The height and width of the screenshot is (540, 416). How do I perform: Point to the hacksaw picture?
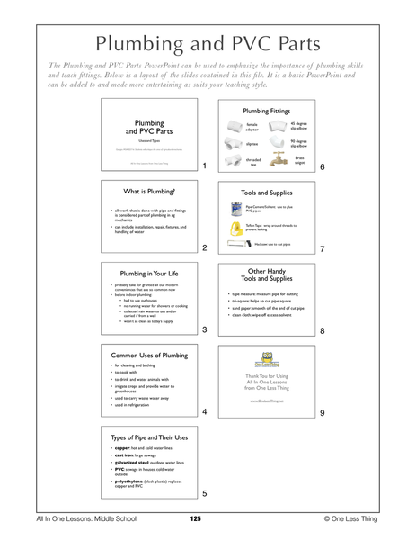pyautogui.click(x=239, y=244)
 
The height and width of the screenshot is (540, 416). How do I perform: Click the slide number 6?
pyautogui.click(x=322, y=167)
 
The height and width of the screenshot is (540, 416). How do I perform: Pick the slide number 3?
pyautogui.click(x=204, y=330)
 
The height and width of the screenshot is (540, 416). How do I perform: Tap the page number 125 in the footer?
pyautogui.click(x=196, y=519)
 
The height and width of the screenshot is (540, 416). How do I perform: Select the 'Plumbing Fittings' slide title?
pyautogui.click(x=265, y=111)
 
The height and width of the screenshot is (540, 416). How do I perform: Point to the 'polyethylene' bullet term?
pyautogui.click(x=127, y=481)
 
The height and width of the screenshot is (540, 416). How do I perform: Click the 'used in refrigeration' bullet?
pyautogui.click(x=135, y=408)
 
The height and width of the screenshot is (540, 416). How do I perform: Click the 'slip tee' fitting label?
pyautogui.click(x=252, y=143)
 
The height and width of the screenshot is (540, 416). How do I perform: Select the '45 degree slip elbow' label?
pyautogui.click(x=300, y=125)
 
